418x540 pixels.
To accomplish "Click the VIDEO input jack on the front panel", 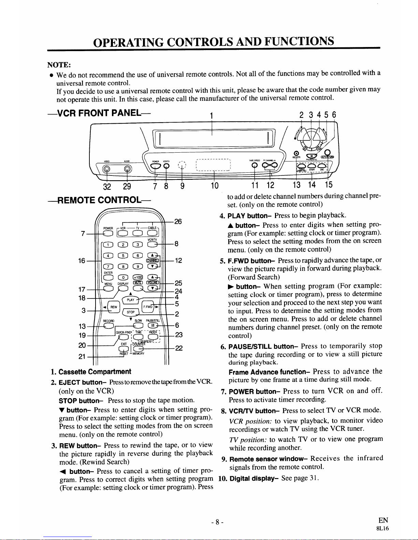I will [x=107, y=169].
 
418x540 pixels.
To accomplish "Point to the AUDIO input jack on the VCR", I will [x=127, y=169].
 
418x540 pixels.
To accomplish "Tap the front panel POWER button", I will [x=156, y=166].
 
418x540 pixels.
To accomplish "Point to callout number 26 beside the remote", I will [x=178, y=221].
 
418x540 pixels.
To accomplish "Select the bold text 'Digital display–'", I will [x=254, y=478].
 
